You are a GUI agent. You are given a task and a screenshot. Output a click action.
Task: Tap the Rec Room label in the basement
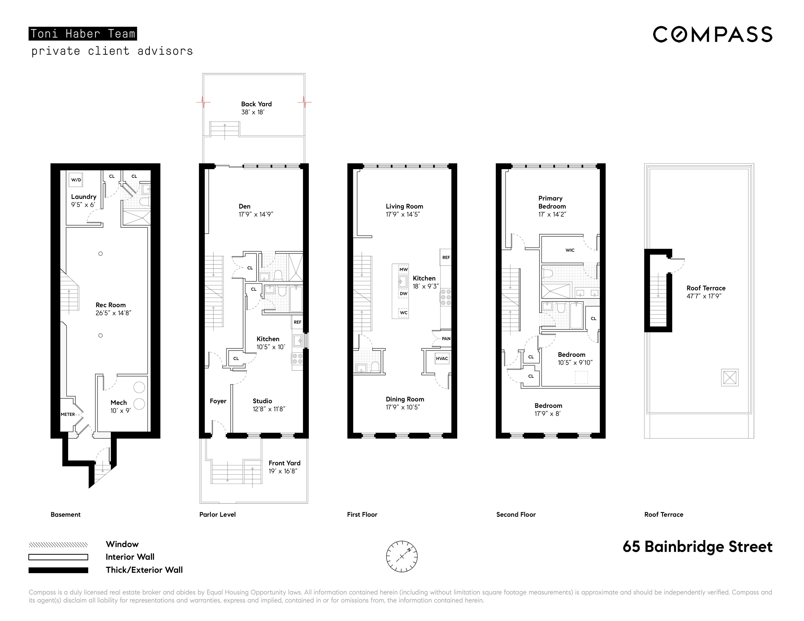pos(110,305)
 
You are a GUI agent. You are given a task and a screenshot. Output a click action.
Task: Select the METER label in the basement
pos(68,414)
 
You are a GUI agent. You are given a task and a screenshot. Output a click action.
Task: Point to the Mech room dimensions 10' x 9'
pos(120,411)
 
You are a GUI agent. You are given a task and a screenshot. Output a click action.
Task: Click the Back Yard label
pos(256,104)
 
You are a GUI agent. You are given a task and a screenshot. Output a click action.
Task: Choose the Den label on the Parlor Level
pos(244,206)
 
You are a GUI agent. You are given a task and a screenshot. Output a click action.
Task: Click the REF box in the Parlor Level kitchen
pos(297,322)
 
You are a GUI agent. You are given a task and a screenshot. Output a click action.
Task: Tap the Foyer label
pos(218,401)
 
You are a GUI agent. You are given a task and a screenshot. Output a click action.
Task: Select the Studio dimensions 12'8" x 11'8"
pos(269,409)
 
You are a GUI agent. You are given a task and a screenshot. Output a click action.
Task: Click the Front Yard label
pos(284,463)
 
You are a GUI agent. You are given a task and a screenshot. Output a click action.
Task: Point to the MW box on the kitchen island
pos(403,269)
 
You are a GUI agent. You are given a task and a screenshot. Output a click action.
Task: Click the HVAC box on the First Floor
pos(442,358)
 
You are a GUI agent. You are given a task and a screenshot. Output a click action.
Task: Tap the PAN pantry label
pos(446,339)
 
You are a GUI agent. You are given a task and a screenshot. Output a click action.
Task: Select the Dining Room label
pos(405,399)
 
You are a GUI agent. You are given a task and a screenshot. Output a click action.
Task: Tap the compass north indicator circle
pos(402,556)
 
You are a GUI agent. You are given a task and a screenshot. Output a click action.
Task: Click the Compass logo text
pos(712,35)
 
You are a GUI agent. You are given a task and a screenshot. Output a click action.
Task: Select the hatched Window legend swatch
pos(58,544)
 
